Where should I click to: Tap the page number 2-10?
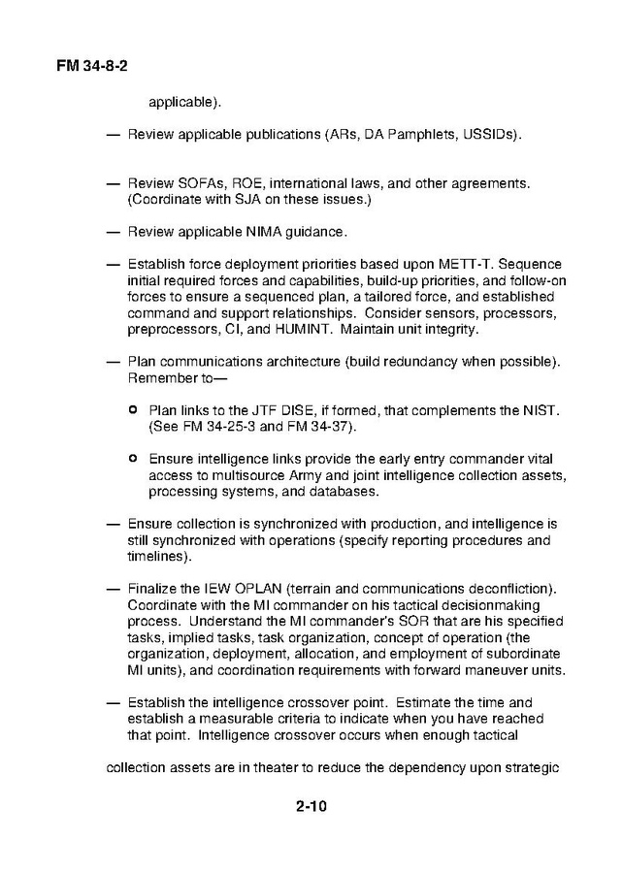tap(311, 804)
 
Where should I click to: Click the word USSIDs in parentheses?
tap(491, 134)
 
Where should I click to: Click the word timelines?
tap(157, 557)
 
